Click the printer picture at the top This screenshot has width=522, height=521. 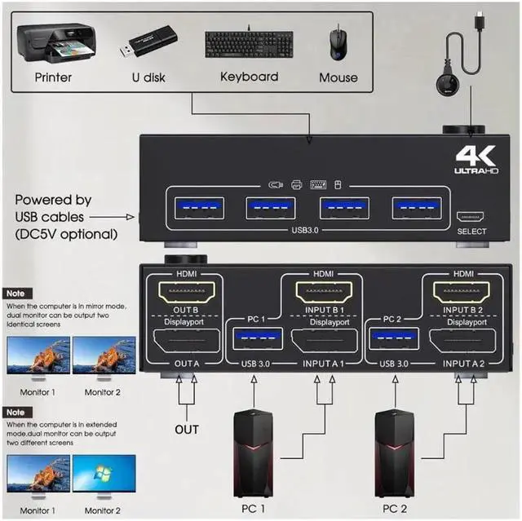[51, 42]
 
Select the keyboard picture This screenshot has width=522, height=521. [248, 42]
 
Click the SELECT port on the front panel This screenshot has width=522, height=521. [471, 218]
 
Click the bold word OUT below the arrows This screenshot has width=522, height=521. [187, 429]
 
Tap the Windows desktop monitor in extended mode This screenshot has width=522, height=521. [104, 476]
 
